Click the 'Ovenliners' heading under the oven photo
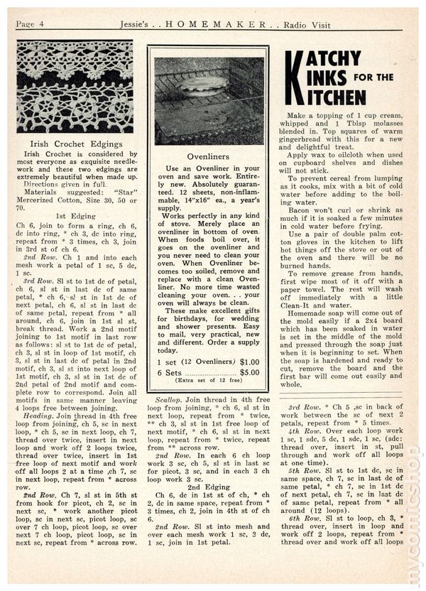tap(207, 153)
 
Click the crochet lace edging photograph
tap(75, 87)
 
